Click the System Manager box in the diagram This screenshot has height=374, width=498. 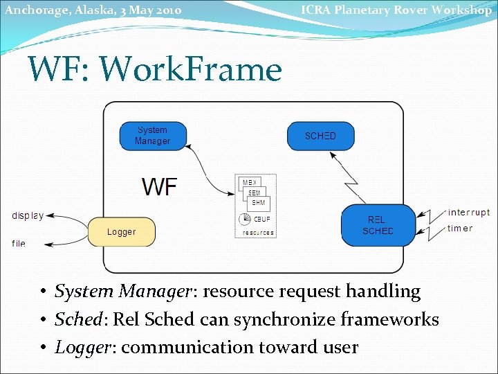click(152, 136)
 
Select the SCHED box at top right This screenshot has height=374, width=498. click(320, 136)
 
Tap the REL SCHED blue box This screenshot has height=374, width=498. click(377, 225)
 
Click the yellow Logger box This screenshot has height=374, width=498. click(121, 232)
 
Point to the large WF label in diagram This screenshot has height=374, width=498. click(160, 186)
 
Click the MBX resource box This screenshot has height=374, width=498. click(249, 184)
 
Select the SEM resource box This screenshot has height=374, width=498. click(255, 193)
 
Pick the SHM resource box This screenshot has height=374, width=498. click(259, 203)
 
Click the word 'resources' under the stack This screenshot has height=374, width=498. click(258, 233)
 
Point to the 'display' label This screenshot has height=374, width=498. click(28, 215)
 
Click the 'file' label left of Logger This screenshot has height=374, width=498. click(19, 243)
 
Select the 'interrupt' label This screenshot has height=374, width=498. click(468, 213)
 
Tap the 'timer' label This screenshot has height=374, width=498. click(460, 229)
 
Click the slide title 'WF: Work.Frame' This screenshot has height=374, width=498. click(154, 69)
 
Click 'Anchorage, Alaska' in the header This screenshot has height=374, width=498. click(57, 10)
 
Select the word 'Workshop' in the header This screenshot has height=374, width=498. click(461, 10)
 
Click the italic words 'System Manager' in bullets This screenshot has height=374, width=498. click(122, 292)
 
